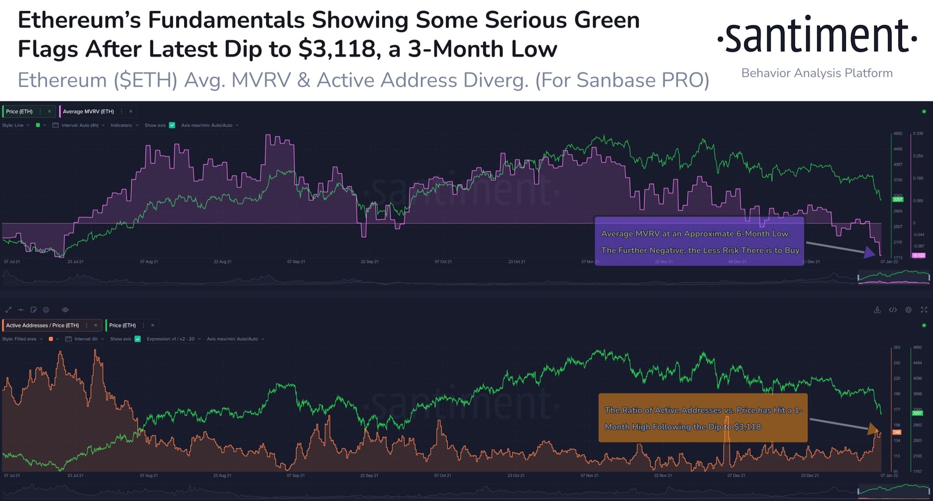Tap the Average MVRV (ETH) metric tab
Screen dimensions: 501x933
[x=89, y=111]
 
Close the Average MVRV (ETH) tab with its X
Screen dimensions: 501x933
[x=131, y=111]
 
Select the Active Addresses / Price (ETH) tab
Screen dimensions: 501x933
[x=43, y=325]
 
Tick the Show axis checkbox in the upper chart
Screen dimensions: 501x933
[x=172, y=125]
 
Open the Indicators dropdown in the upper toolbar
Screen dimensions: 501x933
[x=124, y=125]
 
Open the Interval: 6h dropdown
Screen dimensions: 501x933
[x=85, y=339]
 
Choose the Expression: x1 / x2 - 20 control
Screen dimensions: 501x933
[x=173, y=339]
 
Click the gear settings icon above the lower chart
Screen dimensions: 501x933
[x=908, y=310]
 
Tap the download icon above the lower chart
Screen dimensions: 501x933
[x=877, y=310]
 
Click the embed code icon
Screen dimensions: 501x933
[x=893, y=310]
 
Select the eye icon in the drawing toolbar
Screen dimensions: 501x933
[x=65, y=310]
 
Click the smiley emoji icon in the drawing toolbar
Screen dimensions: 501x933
[x=46, y=310]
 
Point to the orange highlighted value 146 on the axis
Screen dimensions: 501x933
[x=897, y=432]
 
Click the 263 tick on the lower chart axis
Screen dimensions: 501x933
[x=897, y=348]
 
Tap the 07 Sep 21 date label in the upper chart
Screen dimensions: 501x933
[x=296, y=261]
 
